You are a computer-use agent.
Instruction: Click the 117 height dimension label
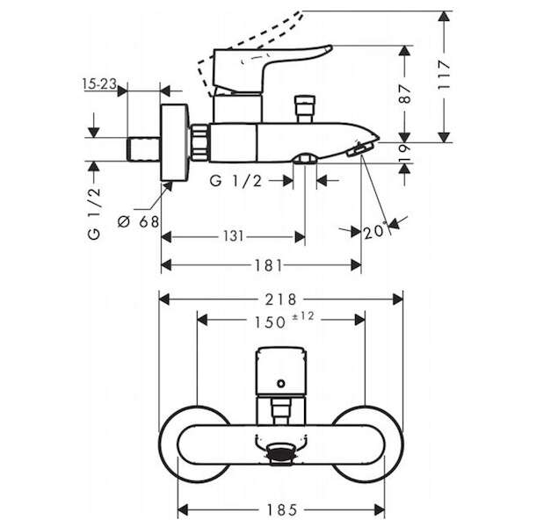pyautogui.click(x=444, y=76)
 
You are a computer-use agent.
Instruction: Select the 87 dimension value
pyautogui.click(x=405, y=94)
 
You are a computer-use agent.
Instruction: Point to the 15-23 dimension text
pyautogui.click(x=99, y=83)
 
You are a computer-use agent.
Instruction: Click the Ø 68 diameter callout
pyautogui.click(x=139, y=221)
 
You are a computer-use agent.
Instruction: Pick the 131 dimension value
pyautogui.click(x=234, y=236)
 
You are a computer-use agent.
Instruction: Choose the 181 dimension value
pyautogui.click(x=269, y=265)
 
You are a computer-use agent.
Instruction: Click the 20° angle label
pyautogui.click(x=375, y=231)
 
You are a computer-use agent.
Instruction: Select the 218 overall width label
pyautogui.click(x=280, y=300)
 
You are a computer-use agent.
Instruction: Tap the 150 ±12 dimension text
pyautogui.click(x=284, y=321)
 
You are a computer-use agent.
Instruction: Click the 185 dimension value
pyautogui.click(x=282, y=509)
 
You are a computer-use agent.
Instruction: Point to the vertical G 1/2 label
pyautogui.click(x=94, y=214)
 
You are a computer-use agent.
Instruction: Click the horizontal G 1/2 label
pyautogui.click(x=236, y=181)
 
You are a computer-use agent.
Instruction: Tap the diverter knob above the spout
pyautogui.click(x=305, y=109)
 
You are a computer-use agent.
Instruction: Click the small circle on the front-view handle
pyautogui.click(x=280, y=383)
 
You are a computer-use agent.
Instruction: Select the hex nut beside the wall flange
pyautogui.click(x=200, y=142)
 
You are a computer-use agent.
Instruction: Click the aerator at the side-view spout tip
pyautogui.click(x=359, y=149)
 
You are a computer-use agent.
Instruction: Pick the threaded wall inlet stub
pyautogui.click(x=143, y=149)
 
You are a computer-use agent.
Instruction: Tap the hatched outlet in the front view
pyautogui.click(x=281, y=452)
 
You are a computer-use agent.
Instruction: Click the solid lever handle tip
pyautogui.click(x=327, y=48)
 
